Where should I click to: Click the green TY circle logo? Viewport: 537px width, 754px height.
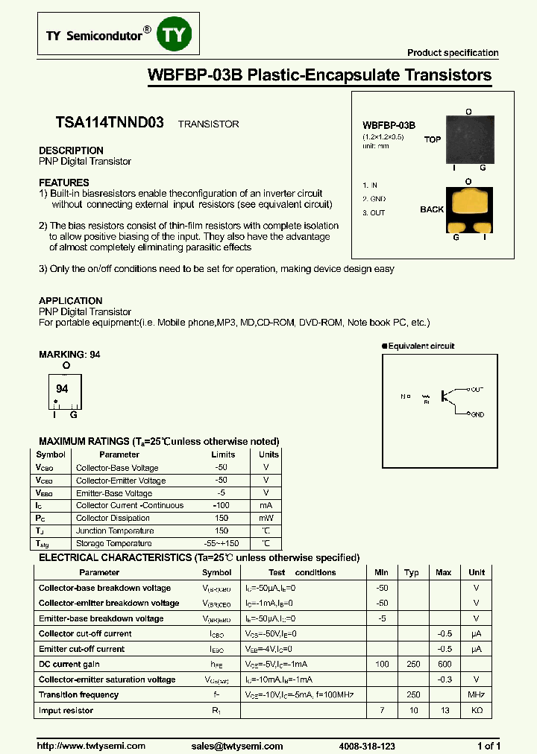tap(177, 35)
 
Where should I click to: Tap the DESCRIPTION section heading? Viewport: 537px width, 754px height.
tap(71, 150)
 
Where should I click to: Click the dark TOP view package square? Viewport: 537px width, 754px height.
tap(468, 139)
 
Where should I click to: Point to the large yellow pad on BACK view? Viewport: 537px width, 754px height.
tap(468, 203)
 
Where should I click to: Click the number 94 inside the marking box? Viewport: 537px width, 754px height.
tap(63, 389)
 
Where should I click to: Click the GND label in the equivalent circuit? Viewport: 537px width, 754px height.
tap(477, 414)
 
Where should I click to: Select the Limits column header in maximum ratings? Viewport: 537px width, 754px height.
tap(223, 454)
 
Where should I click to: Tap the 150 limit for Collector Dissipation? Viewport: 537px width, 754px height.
tap(221, 518)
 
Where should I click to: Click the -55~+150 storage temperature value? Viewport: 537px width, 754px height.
tap(222, 543)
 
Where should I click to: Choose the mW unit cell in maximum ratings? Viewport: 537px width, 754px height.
tap(266, 518)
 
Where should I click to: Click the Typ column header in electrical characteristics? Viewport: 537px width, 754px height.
tap(411, 572)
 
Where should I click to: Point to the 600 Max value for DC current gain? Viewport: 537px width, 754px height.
tap(443, 664)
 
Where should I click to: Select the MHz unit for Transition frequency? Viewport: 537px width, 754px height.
tap(476, 694)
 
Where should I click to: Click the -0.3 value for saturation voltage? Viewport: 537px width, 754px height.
tap(445, 679)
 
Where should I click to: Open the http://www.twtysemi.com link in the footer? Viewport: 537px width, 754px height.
tap(92, 746)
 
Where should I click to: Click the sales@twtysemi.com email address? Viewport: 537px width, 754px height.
tap(236, 746)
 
